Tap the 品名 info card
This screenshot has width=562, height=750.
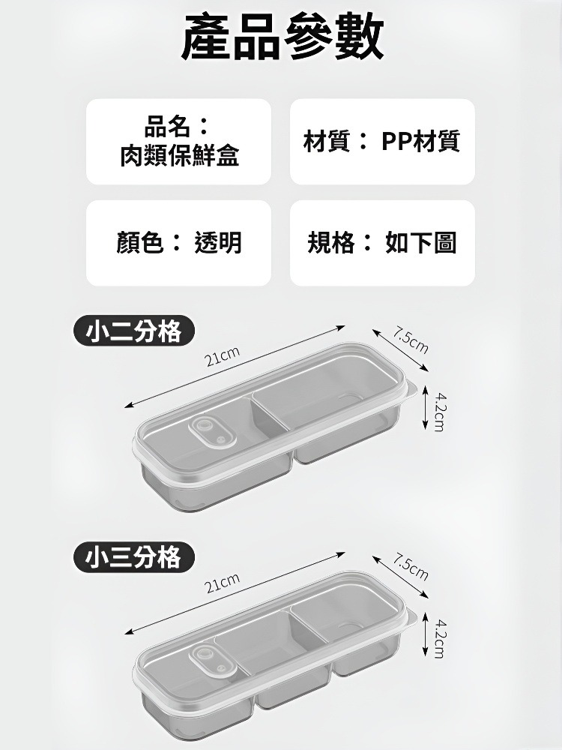[178, 141]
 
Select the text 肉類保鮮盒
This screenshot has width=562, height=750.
[179, 156]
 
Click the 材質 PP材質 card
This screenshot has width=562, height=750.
[382, 141]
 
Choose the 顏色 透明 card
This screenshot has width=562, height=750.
[178, 242]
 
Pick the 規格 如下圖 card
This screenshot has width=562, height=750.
[382, 242]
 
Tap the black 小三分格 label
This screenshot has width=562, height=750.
[134, 558]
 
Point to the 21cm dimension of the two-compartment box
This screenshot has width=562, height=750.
[223, 357]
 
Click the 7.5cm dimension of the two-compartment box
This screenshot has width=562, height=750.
[411, 342]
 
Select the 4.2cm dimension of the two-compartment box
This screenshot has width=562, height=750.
[441, 411]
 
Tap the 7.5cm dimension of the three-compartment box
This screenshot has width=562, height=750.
[411, 568]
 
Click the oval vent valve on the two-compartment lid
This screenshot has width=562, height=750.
[209, 433]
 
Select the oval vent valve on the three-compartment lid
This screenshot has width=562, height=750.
[209, 659]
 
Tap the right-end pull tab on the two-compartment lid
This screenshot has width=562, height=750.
[411, 387]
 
